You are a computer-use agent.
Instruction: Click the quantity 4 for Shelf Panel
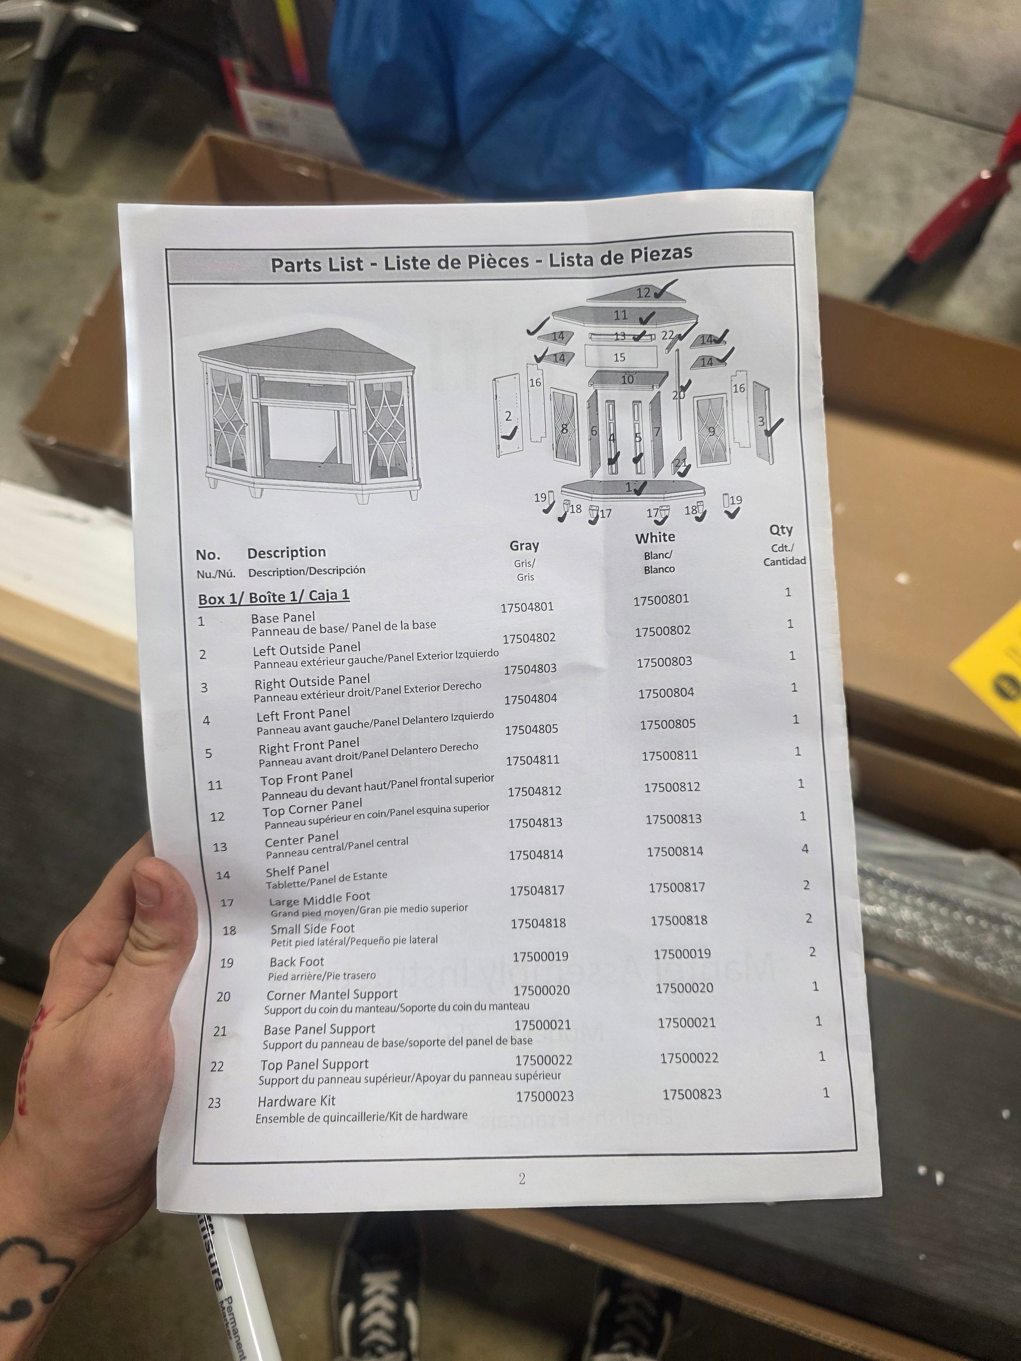pos(805,849)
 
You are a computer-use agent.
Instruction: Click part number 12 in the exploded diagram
pos(643,293)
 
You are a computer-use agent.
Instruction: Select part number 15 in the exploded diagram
pos(619,358)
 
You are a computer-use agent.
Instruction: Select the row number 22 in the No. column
pos(217,1066)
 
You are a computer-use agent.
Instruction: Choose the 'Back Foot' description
pos(297,962)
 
